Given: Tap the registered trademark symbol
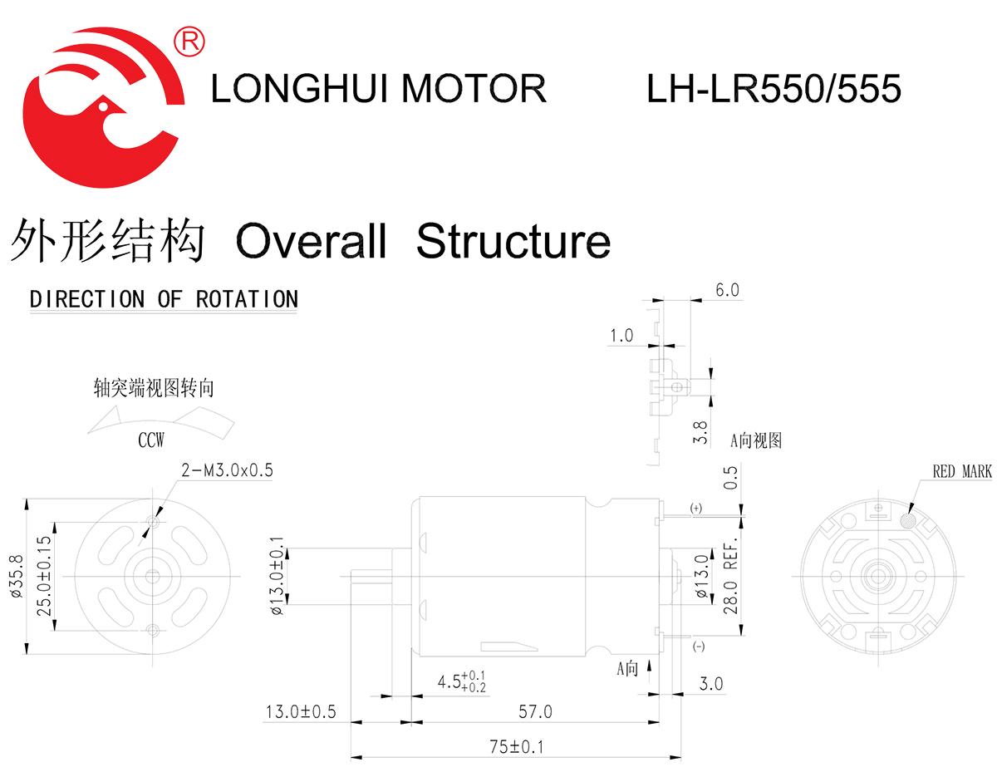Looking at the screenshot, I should (189, 39).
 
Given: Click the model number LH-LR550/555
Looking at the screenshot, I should (774, 88).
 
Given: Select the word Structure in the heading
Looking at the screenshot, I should (513, 242).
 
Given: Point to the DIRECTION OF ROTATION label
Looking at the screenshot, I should (164, 299).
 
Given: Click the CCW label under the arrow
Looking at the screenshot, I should (151, 440).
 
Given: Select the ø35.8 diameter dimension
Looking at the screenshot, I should (13, 576).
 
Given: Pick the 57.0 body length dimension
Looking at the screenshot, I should (535, 712).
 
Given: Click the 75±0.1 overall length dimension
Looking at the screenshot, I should (515, 746).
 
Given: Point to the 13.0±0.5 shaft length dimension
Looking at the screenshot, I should (300, 712).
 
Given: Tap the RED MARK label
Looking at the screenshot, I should (961, 472).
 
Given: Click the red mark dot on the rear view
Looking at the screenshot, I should (909, 520).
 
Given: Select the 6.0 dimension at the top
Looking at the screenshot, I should (726, 290).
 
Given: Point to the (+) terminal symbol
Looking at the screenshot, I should (695, 507).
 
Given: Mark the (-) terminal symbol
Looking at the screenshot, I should (698, 647).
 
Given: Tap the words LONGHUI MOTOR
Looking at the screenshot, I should (378, 88).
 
